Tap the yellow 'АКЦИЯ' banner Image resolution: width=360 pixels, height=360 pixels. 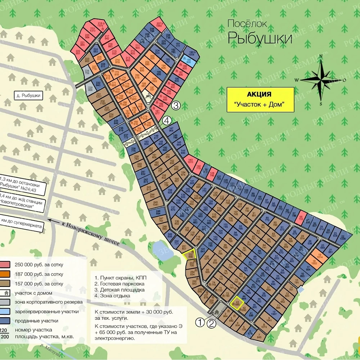[x=260, y=99]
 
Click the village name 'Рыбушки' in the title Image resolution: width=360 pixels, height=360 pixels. [x=260, y=37]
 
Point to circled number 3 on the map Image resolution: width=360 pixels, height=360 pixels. [x=175, y=105]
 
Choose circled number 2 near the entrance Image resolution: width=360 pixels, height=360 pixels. [x=212, y=324]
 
